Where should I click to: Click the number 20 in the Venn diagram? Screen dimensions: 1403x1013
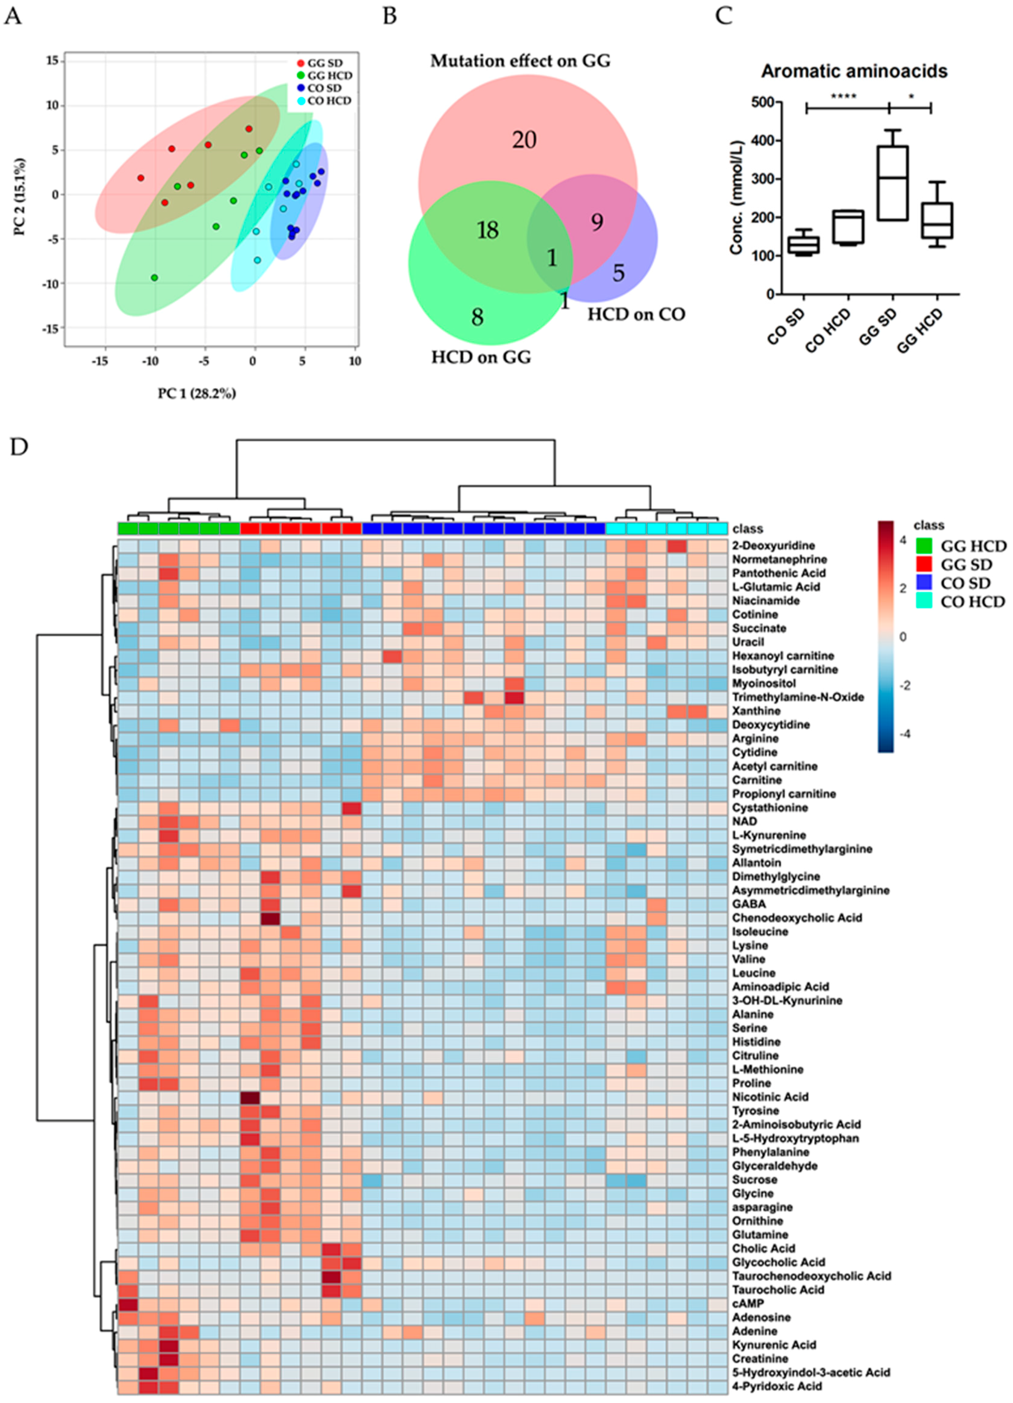524,140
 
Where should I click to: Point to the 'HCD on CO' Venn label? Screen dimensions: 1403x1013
636,314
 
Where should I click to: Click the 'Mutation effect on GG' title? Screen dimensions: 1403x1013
520,61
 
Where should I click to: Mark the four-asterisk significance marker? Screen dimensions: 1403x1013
844,97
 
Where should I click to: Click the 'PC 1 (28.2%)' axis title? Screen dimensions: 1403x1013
197,393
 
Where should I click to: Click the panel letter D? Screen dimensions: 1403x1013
19,447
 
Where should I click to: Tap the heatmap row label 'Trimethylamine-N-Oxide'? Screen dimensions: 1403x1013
798,697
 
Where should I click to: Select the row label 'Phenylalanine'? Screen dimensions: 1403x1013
770,1152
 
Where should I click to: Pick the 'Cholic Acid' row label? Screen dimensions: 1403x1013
763,1248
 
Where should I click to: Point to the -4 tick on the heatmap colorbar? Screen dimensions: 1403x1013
905,734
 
